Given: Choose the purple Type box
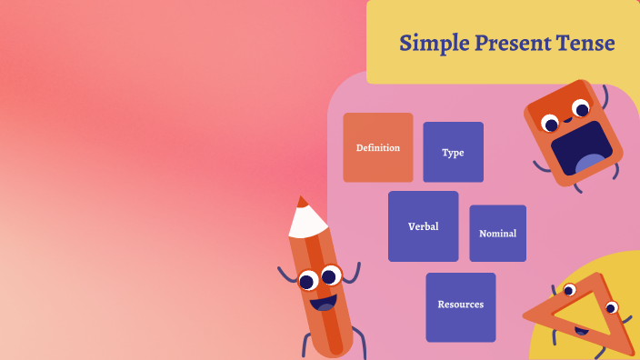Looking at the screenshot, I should (453, 152).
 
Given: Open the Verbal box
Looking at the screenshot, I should (423, 226).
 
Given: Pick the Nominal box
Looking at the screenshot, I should (497, 233).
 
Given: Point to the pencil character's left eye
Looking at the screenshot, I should (308, 279).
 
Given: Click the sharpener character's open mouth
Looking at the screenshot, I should (581, 147).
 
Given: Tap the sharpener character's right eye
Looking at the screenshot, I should (582, 109).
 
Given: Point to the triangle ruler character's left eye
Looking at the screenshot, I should (570, 291).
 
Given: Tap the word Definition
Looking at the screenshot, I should (378, 147).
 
